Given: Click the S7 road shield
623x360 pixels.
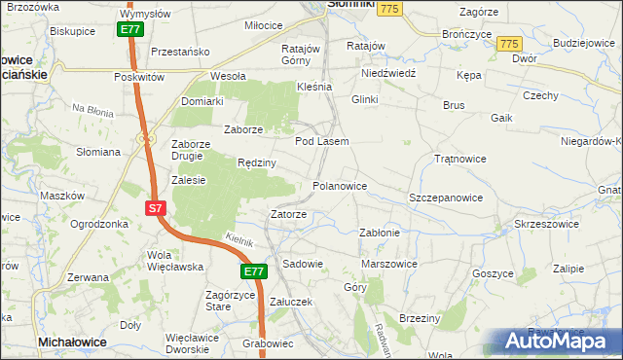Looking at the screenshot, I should coord(156,208).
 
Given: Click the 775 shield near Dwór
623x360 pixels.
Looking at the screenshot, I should coord(508,45).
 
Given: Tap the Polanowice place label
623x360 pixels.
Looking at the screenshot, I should coord(339,185).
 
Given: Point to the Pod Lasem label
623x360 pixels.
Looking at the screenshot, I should coord(322,141).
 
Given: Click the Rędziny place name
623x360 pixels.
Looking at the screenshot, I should coord(258,162).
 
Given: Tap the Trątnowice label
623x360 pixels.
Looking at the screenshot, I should coord(459,158).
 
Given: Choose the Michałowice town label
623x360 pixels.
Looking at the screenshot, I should coord(71,343).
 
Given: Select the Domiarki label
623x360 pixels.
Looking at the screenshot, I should coord(202,100).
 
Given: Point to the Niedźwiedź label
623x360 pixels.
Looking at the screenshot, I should coord(388,73).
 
